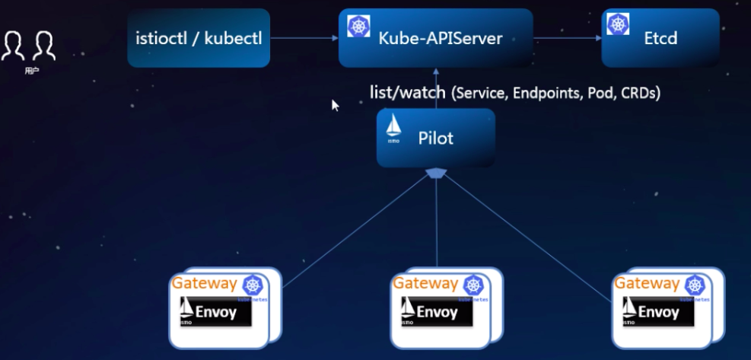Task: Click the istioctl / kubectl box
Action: [x=198, y=38]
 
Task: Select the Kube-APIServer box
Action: [x=435, y=38]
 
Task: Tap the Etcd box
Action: [x=660, y=38]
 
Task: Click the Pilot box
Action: [x=435, y=138]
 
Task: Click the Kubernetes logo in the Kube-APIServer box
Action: [x=358, y=26]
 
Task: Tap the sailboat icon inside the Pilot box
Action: [x=394, y=126]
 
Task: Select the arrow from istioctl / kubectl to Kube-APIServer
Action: [x=304, y=38]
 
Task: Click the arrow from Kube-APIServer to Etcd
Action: [x=567, y=38]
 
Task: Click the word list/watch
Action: [x=407, y=93]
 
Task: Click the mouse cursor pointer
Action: [x=335, y=105]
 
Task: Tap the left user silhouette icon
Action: [x=13, y=46]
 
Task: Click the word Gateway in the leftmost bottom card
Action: [x=204, y=284]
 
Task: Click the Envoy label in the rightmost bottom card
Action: [x=659, y=312]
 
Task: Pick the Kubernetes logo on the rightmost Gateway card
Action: [x=695, y=285]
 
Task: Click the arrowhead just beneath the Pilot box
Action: [x=435, y=174]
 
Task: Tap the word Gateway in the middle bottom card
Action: [x=425, y=284]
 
